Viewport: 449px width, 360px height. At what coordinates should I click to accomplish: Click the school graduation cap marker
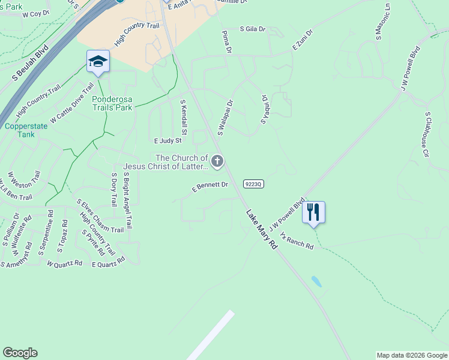[98, 61]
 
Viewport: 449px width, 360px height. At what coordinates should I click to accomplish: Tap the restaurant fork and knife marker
[313, 212]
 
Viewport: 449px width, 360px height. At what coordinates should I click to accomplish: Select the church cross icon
[217, 161]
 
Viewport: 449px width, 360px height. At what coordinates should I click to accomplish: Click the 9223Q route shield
[254, 184]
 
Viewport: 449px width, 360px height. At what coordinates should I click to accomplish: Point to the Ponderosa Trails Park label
[112, 103]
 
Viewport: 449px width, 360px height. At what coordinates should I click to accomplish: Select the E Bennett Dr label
[210, 187]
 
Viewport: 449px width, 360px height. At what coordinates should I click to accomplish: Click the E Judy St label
[167, 141]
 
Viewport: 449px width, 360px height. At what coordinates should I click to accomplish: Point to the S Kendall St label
[185, 117]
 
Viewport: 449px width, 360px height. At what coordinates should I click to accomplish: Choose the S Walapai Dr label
[225, 118]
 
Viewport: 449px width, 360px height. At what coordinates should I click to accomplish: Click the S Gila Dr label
[253, 28]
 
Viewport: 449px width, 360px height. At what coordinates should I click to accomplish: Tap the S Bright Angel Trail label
[128, 202]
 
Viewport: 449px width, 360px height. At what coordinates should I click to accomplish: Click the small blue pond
[316, 281]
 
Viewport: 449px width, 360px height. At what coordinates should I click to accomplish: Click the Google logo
[20, 353]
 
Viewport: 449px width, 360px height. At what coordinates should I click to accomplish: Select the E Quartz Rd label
[108, 262]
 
